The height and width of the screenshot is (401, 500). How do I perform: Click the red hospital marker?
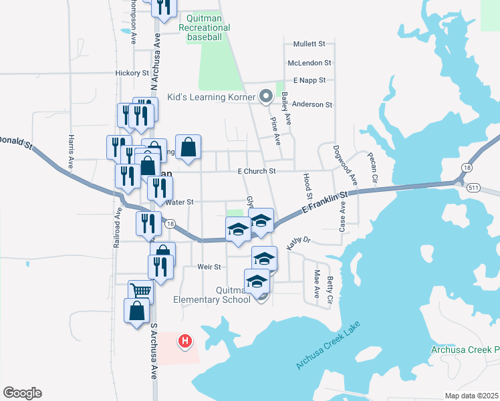(185, 342)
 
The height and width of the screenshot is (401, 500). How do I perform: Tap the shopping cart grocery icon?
(140, 291)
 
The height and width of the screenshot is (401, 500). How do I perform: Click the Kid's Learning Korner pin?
(265, 97)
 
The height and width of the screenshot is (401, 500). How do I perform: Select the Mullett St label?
(309, 44)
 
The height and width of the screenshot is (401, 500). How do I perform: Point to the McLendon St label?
(309, 63)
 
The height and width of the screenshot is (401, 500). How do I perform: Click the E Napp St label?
(309, 80)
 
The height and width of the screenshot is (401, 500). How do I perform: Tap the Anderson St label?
(312, 104)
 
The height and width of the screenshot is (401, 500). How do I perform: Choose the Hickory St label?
(132, 72)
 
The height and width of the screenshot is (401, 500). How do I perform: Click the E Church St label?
(257, 171)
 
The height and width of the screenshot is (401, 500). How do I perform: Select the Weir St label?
(209, 267)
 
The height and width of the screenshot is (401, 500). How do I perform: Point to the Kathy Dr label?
(299, 243)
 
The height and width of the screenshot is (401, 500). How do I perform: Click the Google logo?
(22, 393)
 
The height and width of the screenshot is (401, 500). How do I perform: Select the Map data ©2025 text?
(471, 396)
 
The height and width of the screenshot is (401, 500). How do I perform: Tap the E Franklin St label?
(326, 202)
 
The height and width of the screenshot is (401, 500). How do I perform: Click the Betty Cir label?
(330, 292)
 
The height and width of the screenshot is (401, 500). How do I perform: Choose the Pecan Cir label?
(374, 169)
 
